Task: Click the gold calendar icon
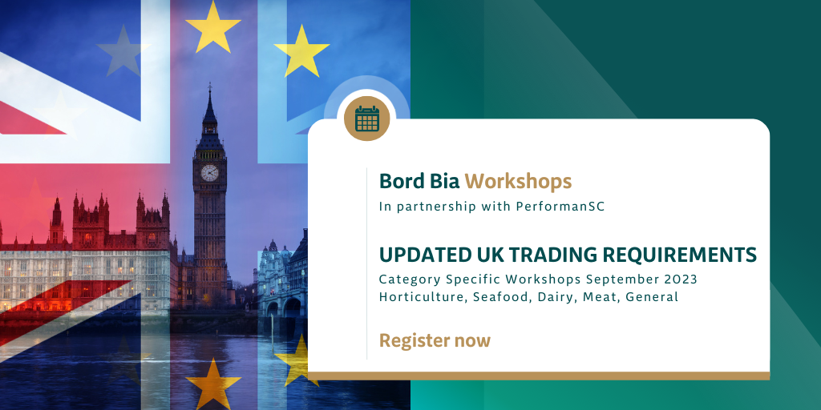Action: tap(366, 119)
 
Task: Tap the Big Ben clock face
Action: tap(209, 173)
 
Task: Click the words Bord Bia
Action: tap(419, 182)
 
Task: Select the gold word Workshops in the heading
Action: tap(518, 182)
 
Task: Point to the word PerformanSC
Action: tap(560, 207)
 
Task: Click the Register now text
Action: tap(435, 340)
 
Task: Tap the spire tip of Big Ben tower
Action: tap(210, 83)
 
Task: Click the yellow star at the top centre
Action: tap(212, 26)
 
